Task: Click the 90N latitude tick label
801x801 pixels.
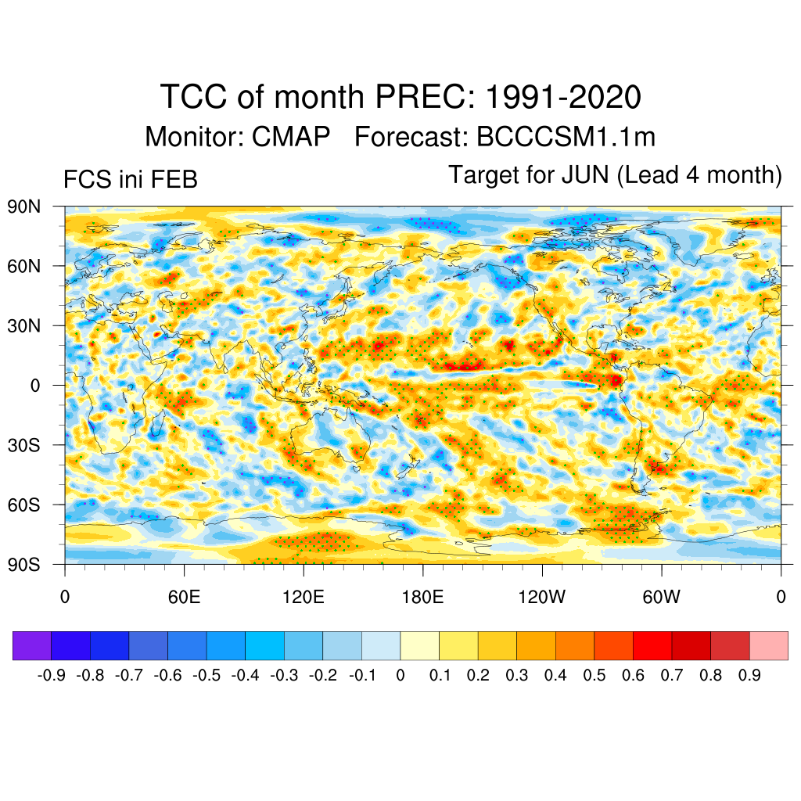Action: click(x=24, y=207)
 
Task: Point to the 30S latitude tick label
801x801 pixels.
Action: click(x=24, y=445)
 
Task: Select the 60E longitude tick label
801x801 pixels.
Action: click(x=184, y=597)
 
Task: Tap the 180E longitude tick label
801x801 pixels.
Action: click(x=422, y=597)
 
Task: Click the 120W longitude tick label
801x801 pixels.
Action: click(x=541, y=597)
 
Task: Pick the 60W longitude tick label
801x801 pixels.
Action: click(x=661, y=597)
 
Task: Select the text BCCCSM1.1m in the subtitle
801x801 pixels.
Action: click(x=566, y=137)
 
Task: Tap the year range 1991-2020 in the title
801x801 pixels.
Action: click(x=563, y=97)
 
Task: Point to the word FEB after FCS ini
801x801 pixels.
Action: click(x=176, y=180)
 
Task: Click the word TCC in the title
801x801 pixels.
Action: click(x=192, y=97)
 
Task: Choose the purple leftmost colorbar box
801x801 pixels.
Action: click(x=32, y=645)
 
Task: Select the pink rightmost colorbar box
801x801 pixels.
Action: click(x=768, y=645)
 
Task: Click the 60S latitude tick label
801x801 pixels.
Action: click(x=24, y=505)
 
